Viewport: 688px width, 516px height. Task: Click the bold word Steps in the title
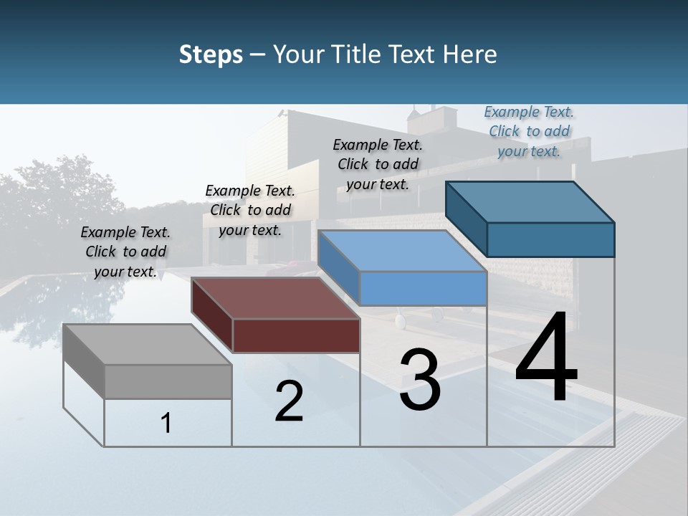pos(211,54)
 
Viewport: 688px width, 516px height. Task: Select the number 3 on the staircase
pos(419,381)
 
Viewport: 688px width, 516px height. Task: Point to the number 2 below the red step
pos(289,401)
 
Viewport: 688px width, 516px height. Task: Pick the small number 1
pos(166,424)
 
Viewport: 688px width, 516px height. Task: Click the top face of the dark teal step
pos(530,202)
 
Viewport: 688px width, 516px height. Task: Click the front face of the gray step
pos(168,381)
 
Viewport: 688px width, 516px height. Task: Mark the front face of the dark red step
pos(296,335)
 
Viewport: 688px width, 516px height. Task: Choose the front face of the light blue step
pos(423,288)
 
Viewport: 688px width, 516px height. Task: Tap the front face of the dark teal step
pos(550,239)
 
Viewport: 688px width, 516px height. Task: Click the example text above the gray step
pos(125,252)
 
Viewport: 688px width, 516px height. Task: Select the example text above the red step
pos(250,210)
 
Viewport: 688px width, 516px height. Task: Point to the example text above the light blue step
pos(378,164)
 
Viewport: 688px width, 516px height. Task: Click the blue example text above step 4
pos(529,131)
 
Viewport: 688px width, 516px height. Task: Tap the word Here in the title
pos(470,54)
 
